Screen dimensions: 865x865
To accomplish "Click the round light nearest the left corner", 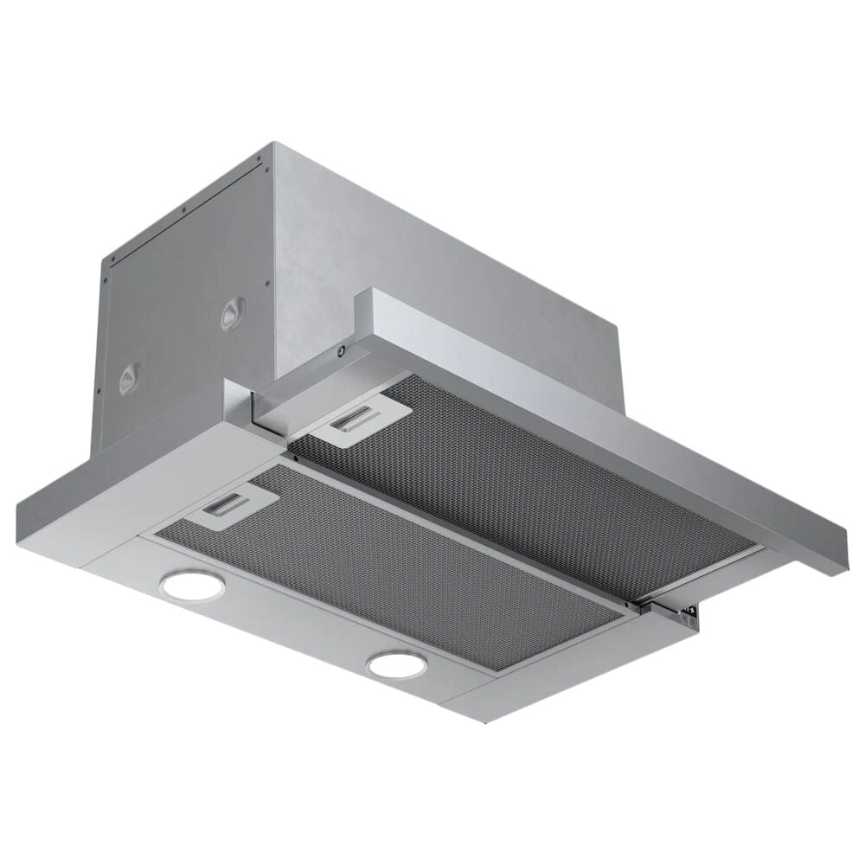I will (x=192, y=586).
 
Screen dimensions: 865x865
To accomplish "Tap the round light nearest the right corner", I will (x=396, y=664).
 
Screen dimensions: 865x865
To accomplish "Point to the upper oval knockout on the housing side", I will (x=232, y=313).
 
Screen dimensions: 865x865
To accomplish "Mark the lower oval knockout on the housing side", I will (x=130, y=378).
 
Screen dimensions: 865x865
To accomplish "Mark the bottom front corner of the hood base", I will (x=484, y=720).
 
